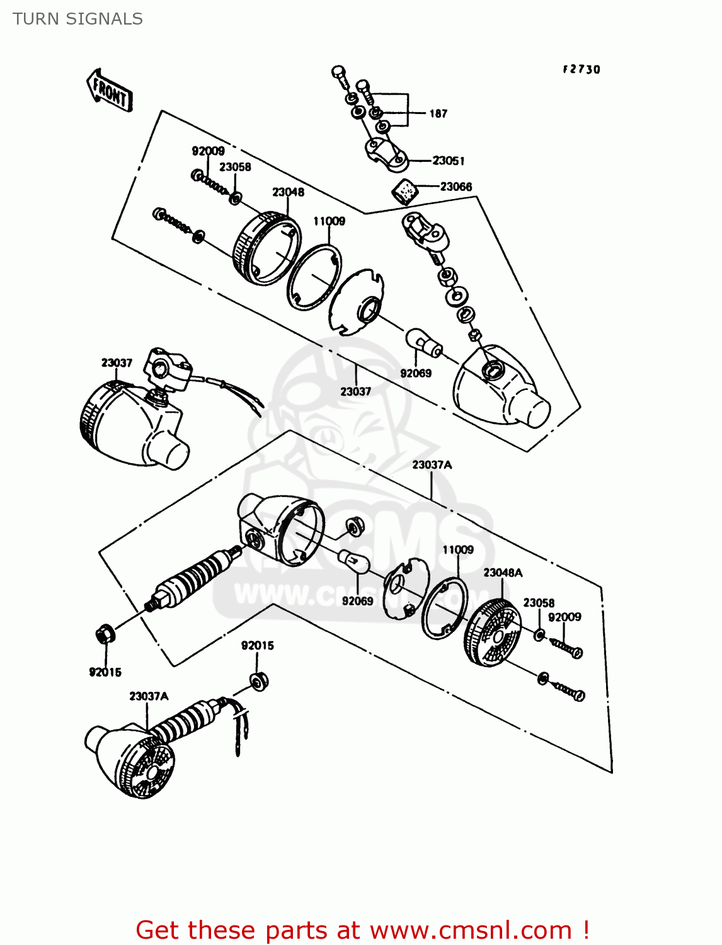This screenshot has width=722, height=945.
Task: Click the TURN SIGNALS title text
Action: [77, 19]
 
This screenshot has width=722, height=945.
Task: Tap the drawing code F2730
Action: [581, 69]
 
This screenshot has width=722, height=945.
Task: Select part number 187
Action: [438, 114]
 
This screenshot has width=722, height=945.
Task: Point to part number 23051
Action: [449, 161]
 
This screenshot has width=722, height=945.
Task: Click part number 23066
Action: [456, 186]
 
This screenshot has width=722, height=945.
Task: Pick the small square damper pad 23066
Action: [405, 190]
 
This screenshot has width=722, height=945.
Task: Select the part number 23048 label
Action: [288, 192]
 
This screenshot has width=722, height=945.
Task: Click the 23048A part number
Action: [503, 573]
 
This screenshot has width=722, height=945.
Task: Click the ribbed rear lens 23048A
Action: [493, 634]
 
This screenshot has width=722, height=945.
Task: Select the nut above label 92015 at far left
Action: [105, 633]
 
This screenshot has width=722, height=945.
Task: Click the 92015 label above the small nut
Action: [257, 646]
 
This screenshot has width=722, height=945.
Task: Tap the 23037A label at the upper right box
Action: [432, 465]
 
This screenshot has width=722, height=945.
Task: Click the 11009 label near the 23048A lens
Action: [457, 550]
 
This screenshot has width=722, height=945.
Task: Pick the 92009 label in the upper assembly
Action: [208, 151]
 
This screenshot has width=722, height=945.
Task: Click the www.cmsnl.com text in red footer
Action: [470, 931]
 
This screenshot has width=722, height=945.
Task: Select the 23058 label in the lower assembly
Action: [539, 603]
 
